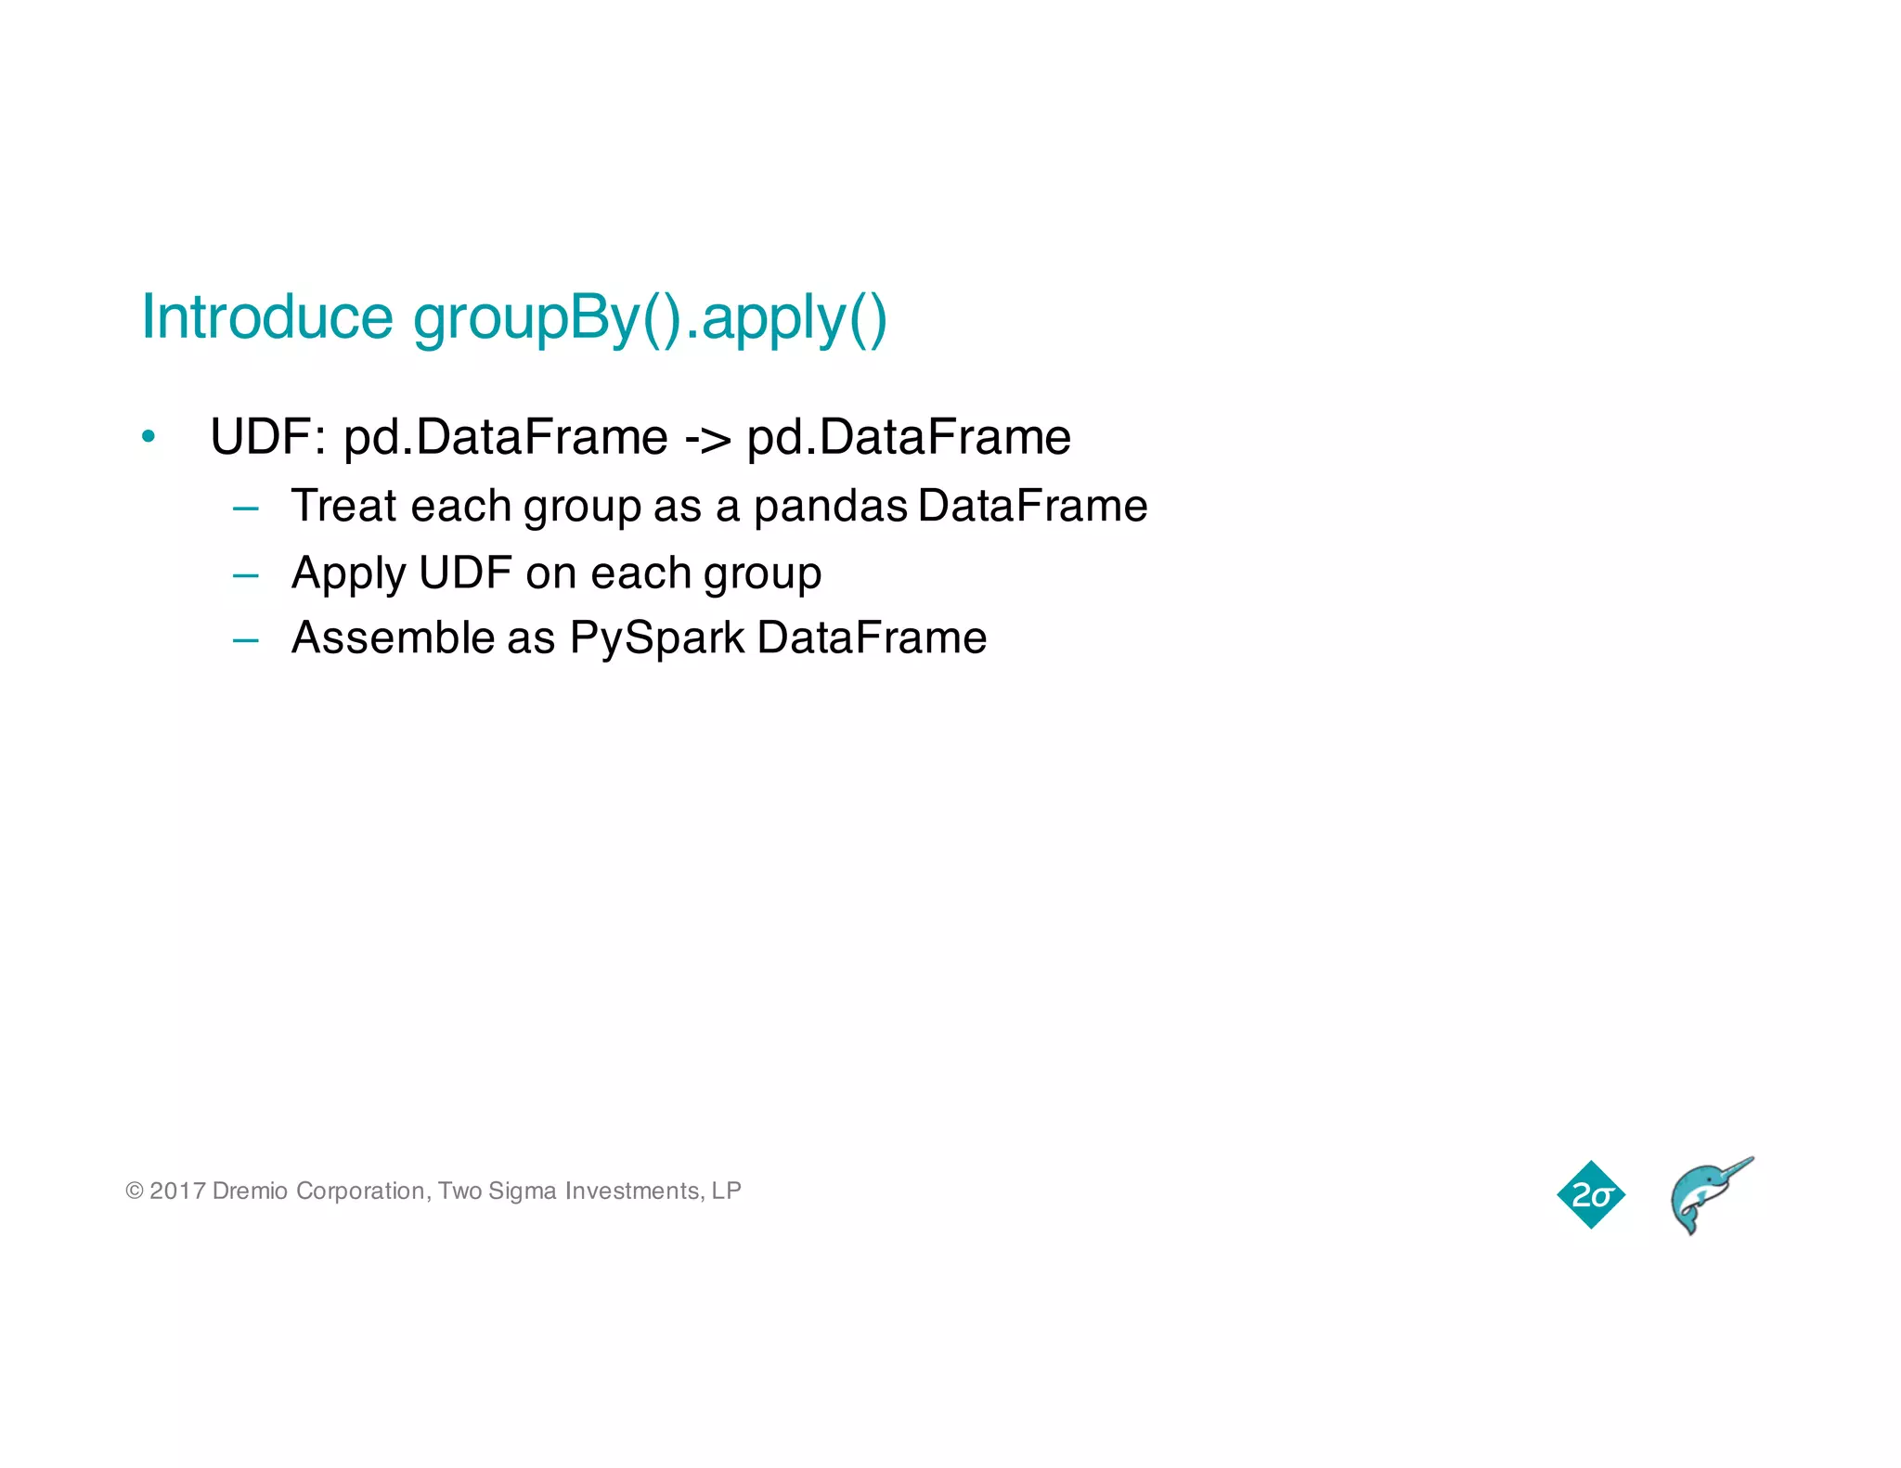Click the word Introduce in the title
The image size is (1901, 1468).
[267, 317]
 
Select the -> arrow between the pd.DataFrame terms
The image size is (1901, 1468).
[707, 438]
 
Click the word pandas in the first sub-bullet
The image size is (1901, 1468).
[830, 507]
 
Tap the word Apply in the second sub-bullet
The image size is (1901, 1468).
[348, 573]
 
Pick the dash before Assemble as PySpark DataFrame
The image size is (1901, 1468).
[246, 640]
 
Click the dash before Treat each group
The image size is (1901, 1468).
[246, 508]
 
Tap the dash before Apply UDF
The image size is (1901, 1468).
[246, 575]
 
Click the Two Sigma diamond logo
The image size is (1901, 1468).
[1591, 1194]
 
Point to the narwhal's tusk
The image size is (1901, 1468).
[1736, 1167]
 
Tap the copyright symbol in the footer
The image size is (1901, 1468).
[135, 1191]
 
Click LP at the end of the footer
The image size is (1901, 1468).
[727, 1191]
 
